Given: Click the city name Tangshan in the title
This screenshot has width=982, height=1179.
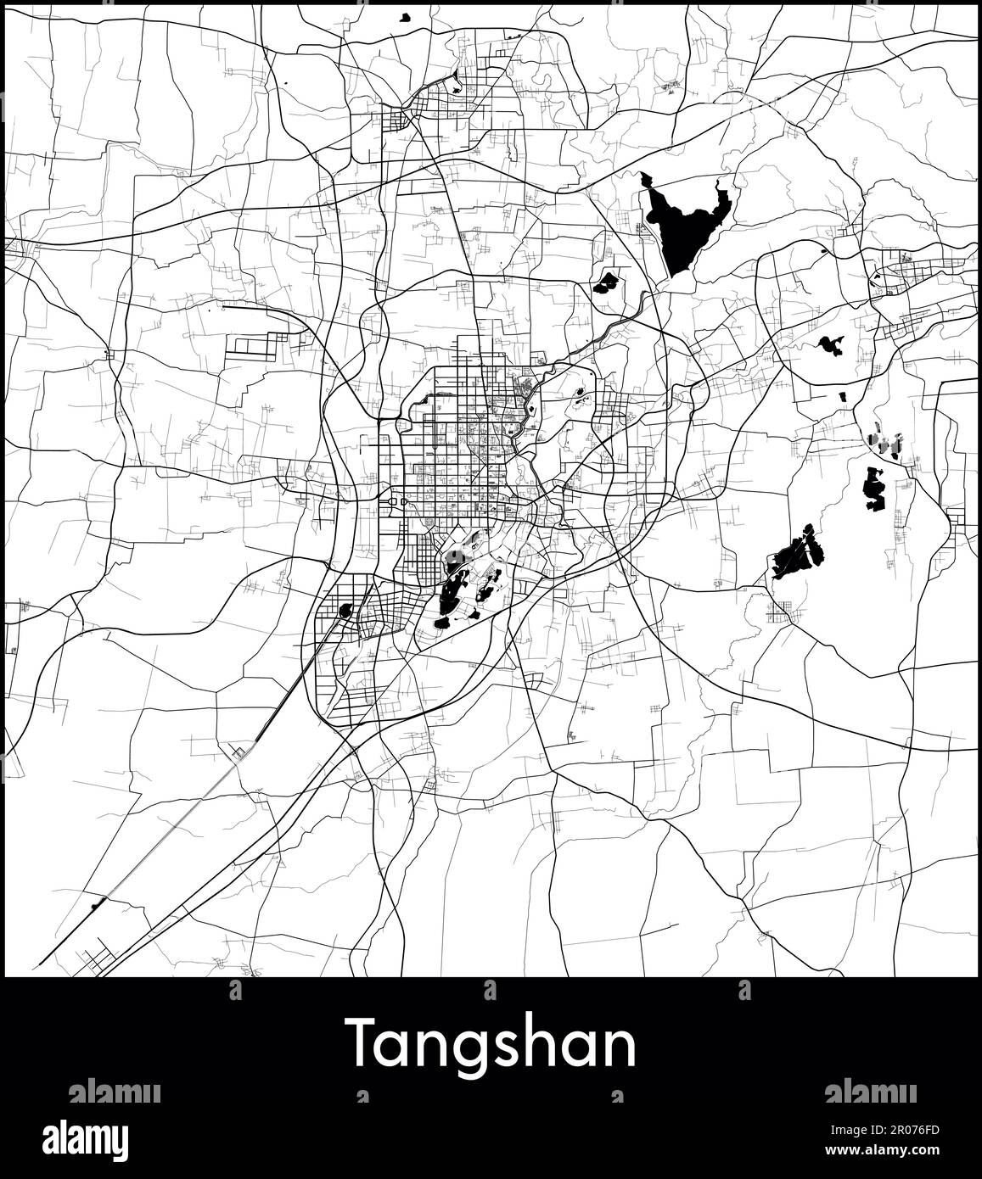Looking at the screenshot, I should click(491, 1046).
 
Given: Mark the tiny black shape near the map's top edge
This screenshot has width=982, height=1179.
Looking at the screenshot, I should click(405, 16).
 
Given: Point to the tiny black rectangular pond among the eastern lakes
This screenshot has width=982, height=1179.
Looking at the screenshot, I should click(842, 396).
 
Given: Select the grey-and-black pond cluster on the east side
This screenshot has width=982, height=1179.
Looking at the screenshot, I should click(884, 444).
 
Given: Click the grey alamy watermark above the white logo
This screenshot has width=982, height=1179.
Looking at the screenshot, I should click(114, 1092).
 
